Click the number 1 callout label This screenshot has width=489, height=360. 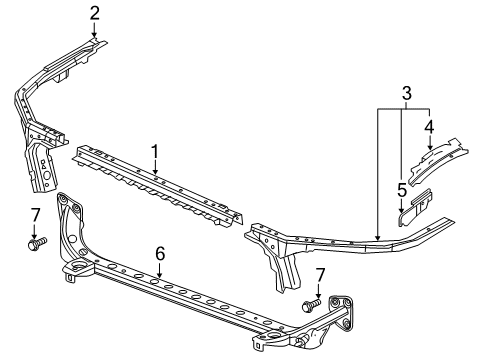click(x=155, y=151)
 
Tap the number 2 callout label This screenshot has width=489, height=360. click(x=94, y=13)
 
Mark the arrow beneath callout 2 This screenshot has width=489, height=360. click(x=94, y=31)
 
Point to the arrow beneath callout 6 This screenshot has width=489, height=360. click(x=158, y=273)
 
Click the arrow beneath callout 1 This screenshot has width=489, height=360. click(x=155, y=168)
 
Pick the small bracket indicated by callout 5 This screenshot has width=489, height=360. click(x=417, y=206)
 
